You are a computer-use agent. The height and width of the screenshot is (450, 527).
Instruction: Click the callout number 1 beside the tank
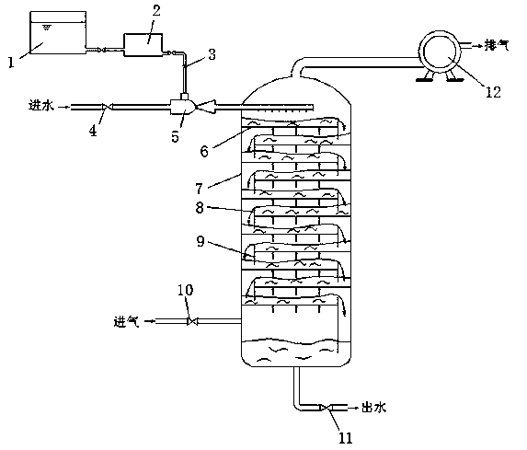coord(11,63)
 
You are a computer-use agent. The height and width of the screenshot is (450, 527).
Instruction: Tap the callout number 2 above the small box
coord(156,11)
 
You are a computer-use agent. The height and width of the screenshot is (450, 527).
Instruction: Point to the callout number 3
coord(212,54)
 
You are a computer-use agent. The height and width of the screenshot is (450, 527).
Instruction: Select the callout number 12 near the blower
coord(493,92)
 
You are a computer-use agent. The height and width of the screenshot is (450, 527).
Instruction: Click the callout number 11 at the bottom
coord(346,438)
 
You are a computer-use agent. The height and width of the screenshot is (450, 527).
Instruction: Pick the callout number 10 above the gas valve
coord(186,290)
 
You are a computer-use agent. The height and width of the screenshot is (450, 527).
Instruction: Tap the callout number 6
coord(204,151)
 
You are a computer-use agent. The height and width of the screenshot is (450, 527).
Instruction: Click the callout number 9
coord(200,241)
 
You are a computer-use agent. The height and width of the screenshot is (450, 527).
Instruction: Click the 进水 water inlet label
coord(41,106)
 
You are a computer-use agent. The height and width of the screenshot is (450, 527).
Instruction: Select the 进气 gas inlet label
coord(126,322)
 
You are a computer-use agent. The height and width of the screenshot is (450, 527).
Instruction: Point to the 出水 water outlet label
coord(373,408)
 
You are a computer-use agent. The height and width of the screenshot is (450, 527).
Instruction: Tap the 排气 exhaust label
coord(497,45)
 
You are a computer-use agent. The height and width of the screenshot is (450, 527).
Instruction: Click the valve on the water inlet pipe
coord(106,107)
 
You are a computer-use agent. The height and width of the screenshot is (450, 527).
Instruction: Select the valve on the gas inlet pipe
coord(192,321)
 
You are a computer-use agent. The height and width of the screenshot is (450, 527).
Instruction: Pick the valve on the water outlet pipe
coord(326,408)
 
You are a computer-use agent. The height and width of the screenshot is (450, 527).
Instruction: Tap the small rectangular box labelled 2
coord(143,45)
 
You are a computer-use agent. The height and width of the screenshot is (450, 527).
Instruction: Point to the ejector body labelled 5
coord(182,107)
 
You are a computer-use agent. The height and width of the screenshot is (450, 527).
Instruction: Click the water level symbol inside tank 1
coord(47,27)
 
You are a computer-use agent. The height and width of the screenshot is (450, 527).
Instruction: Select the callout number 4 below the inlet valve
coord(93,131)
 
